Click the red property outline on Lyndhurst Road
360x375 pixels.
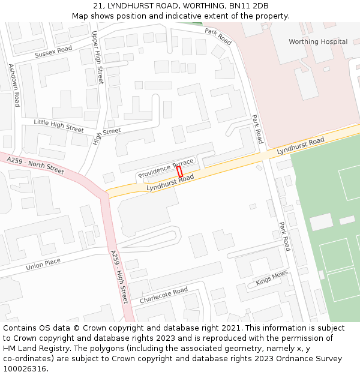click(x=179, y=171)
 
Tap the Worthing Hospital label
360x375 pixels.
click(x=318, y=42)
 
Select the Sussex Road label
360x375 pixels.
click(x=53, y=52)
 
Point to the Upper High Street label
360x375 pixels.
click(x=97, y=58)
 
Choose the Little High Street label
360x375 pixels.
click(x=59, y=125)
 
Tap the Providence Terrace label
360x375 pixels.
click(x=166, y=169)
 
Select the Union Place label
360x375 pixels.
click(x=43, y=264)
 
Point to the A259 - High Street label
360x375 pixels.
click(x=119, y=277)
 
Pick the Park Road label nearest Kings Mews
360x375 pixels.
click(x=284, y=236)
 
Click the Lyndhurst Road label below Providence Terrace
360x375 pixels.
click(x=170, y=183)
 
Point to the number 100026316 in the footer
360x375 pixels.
click(x=24, y=368)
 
